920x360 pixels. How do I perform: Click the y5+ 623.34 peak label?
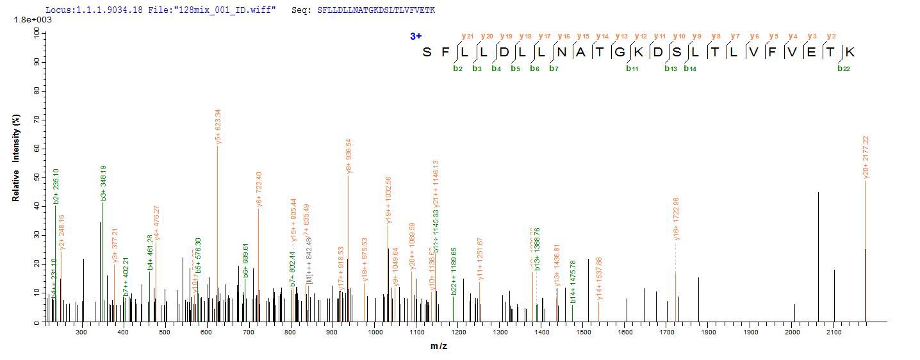[x=218, y=127]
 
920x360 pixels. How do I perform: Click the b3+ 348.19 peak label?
[x=104, y=183]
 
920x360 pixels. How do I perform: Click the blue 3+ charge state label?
[x=416, y=36]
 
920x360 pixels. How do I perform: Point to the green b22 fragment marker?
[x=844, y=69]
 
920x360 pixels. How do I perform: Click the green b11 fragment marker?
[x=632, y=69]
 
